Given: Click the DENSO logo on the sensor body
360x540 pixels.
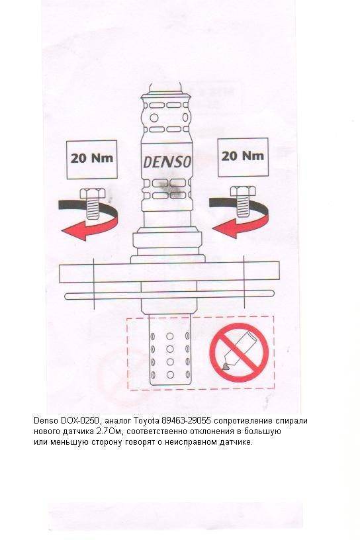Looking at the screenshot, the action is [x=167, y=162].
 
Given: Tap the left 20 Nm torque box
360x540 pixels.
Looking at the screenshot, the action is [x=92, y=159].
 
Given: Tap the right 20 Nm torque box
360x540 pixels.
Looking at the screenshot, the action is [x=244, y=157].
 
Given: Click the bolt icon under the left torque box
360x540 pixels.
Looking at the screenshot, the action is [x=93, y=203].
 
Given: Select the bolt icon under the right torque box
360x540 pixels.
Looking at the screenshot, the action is [x=243, y=201].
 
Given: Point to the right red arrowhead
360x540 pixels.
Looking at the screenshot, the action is [x=224, y=229].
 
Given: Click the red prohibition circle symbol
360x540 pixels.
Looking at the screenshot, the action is [x=239, y=353].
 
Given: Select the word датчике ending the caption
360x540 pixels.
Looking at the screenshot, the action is [x=236, y=442].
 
